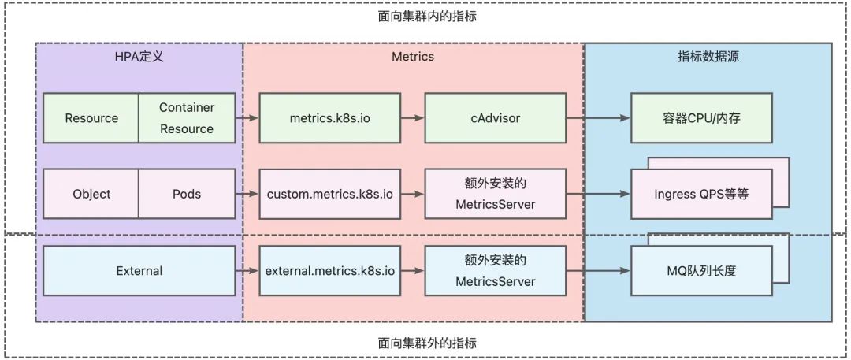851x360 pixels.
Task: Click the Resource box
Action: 91,118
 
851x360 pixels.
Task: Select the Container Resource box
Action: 187,118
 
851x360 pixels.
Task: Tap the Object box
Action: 91,194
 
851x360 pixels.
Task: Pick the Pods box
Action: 187,194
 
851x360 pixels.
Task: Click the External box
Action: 139,270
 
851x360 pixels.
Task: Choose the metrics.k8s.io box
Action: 330,118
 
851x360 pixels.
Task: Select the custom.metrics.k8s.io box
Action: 330,194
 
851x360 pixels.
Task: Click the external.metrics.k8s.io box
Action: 330,270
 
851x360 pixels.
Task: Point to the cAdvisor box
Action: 495,118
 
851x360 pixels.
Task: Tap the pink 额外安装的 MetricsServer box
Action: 495,194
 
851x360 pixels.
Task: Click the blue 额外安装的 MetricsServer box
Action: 495,270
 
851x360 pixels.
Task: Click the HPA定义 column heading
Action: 139,57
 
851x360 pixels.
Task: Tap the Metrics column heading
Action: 413,57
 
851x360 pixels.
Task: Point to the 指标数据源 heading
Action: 708,57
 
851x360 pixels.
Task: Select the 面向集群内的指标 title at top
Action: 426,15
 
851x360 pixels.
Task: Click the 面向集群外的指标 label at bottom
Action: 426,343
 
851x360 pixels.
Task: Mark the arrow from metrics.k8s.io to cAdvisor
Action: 412,118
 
